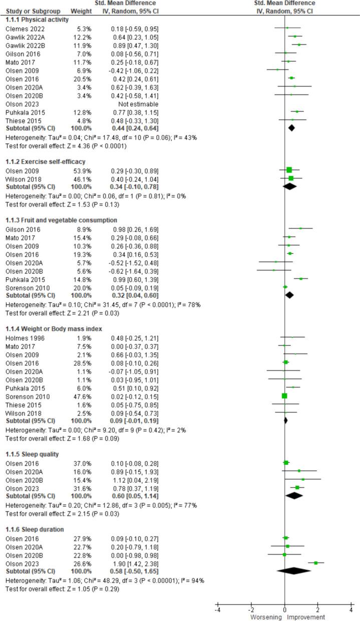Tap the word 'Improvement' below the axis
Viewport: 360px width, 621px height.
point(306,616)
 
